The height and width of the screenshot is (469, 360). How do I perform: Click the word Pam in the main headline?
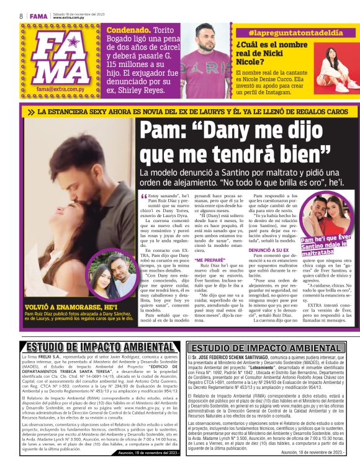tap(161, 132)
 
